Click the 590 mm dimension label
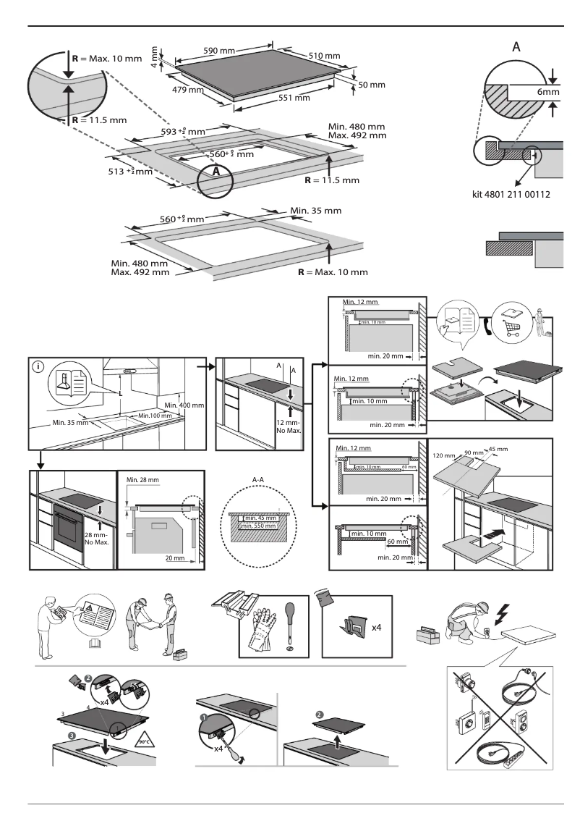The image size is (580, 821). (218, 51)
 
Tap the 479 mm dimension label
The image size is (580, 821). (187, 90)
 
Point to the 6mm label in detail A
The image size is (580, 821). (547, 93)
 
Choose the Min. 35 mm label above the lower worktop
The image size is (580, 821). (315, 211)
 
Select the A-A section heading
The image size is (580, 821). (258, 479)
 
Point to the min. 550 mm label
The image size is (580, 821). (260, 526)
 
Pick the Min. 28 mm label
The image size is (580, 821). (142, 480)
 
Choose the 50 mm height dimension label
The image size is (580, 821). (372, 85)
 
